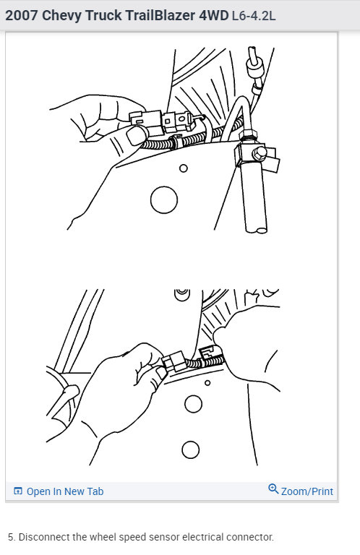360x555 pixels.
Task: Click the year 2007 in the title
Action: [22, 14]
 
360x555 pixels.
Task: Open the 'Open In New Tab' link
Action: [64, 491]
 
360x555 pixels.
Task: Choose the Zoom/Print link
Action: [307, 491]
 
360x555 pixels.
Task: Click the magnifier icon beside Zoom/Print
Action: [273, 489]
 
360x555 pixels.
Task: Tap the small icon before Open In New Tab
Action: [18, 491]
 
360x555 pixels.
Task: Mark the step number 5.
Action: [11, 537]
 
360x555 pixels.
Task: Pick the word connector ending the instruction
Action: [251, 537]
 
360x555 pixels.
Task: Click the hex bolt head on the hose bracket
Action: [257, 154]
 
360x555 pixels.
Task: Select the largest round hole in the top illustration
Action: [164, 198]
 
